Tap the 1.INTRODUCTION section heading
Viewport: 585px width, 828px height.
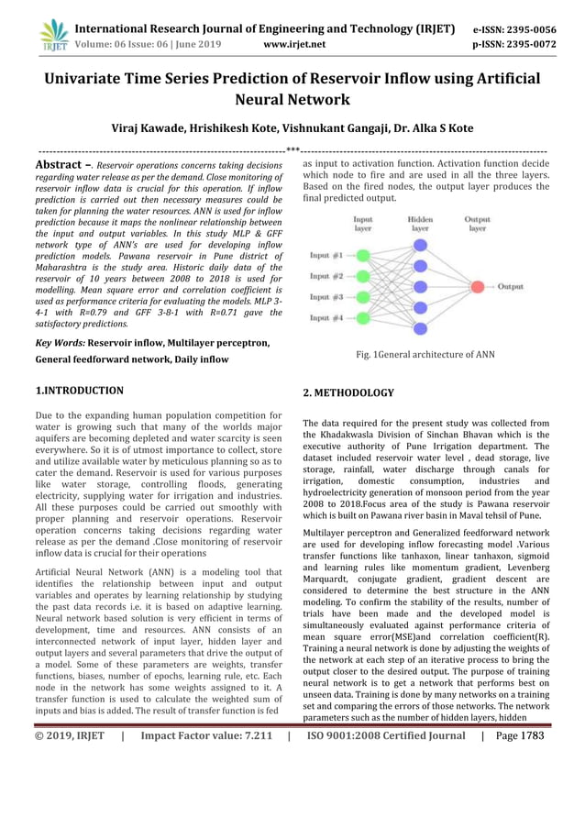pos(79,391)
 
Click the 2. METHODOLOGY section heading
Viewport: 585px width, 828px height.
pos(348,392)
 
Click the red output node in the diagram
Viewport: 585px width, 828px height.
pos(477,287)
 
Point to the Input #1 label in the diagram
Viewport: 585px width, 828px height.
pos(326,255)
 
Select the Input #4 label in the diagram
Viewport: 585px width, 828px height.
pos(326,318)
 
